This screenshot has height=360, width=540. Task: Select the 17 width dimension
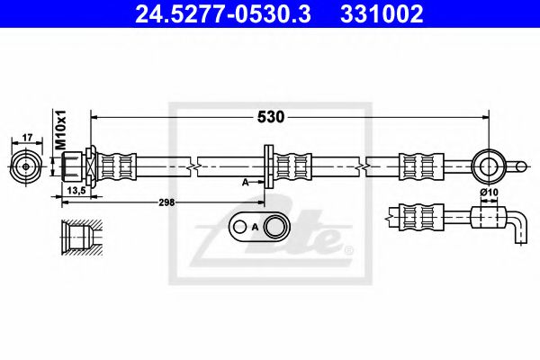(x=27, y=138)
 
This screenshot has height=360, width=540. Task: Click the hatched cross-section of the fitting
(x=76, y=237)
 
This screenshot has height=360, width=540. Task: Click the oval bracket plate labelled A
(x=258, y=228)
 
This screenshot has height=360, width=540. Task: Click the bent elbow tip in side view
(x=517, y=227)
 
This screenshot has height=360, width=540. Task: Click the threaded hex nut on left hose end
(x=75, y=166)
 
